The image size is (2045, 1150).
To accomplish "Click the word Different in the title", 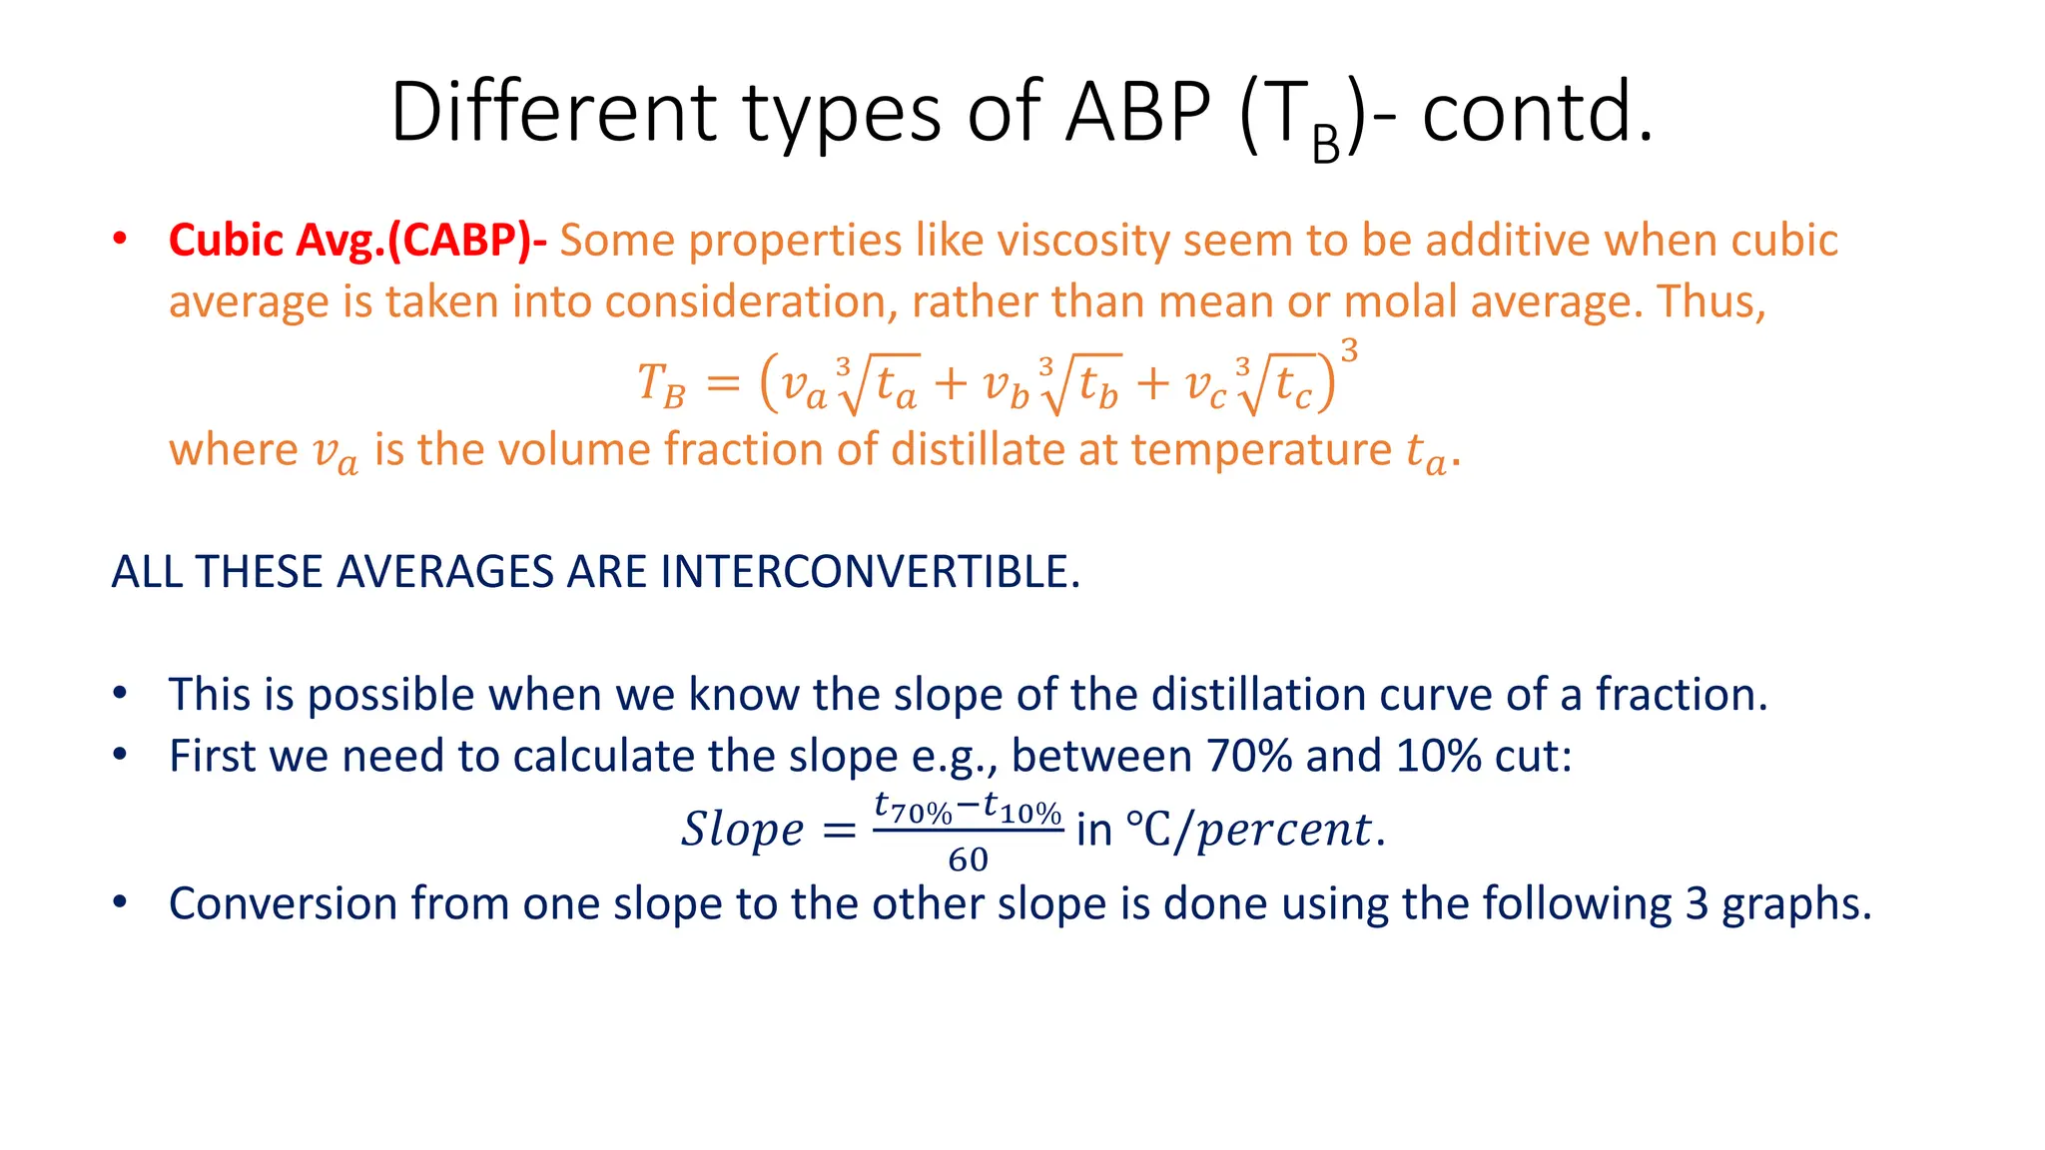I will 553,112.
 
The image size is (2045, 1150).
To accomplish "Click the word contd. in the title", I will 1538,112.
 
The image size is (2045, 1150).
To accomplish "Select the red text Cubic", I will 226,241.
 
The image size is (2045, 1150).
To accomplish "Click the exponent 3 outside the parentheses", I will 1349,351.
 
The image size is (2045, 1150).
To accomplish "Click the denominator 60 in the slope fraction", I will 968,860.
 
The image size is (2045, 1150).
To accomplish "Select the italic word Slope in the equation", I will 742,830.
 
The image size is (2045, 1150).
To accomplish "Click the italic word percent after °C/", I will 1284,830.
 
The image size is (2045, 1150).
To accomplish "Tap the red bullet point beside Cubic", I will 120,241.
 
